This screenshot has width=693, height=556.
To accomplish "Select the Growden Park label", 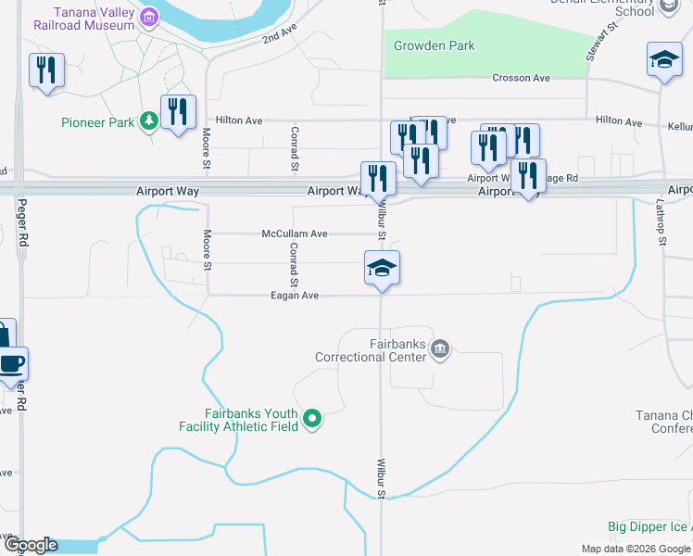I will tap(434, 45).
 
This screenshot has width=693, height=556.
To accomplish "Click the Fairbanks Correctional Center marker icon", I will tap(440, 348).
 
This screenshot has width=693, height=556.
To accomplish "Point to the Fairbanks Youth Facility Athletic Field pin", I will tap(312, 420).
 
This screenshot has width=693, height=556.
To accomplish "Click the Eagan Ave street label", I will tap(295, 295).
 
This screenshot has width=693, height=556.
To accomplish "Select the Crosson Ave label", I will tap(521, 79).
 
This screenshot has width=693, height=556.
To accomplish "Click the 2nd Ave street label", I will tap(277, 36).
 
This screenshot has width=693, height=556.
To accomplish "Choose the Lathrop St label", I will tap(661, 227).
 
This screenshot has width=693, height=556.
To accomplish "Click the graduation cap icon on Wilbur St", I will tap(382, 269).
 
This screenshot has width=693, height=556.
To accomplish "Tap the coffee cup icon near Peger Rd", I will tap(12, 363).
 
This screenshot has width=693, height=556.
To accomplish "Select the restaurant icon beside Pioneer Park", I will tap(177, 113).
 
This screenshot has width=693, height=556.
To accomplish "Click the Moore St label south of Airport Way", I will tap(208, 250).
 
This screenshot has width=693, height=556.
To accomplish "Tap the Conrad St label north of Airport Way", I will tap(294, 148).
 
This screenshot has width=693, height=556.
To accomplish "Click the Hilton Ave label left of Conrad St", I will tap(239, 120).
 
